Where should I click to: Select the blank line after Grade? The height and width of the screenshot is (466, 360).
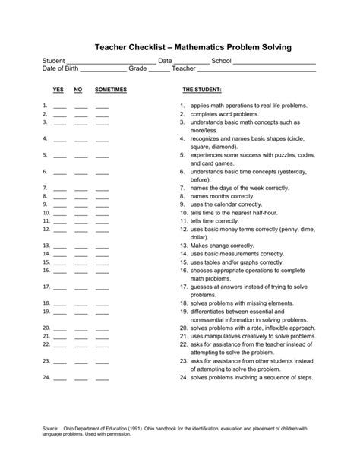[x=159, y=71]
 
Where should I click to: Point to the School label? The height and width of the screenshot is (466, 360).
[x=221, y=60]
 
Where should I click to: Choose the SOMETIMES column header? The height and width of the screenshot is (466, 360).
[x=111, y=90]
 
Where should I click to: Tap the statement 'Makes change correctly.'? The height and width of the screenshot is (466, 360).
[x=222, y=246]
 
